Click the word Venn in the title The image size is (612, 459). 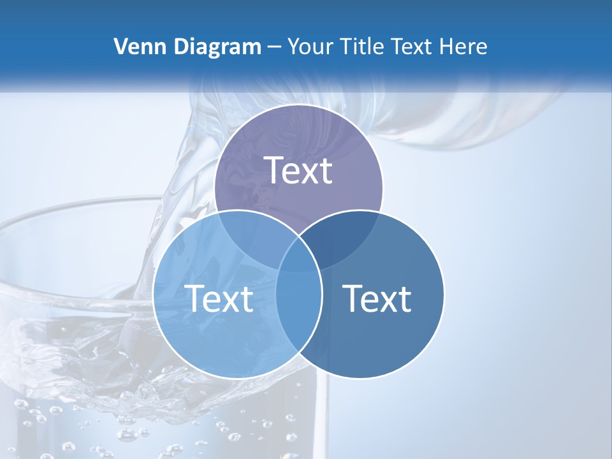[x=135, y=47]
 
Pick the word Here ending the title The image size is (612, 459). [x=464, y=47]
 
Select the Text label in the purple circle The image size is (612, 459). [x=298, y=170]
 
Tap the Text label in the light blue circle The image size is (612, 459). [x=219, y=298]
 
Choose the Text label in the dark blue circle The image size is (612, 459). [x=377, y=298]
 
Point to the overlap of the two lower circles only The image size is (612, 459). [x=299, y=319]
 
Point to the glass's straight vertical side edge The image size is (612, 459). [x=327, y=408]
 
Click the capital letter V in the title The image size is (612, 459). [x=120, y=47]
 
